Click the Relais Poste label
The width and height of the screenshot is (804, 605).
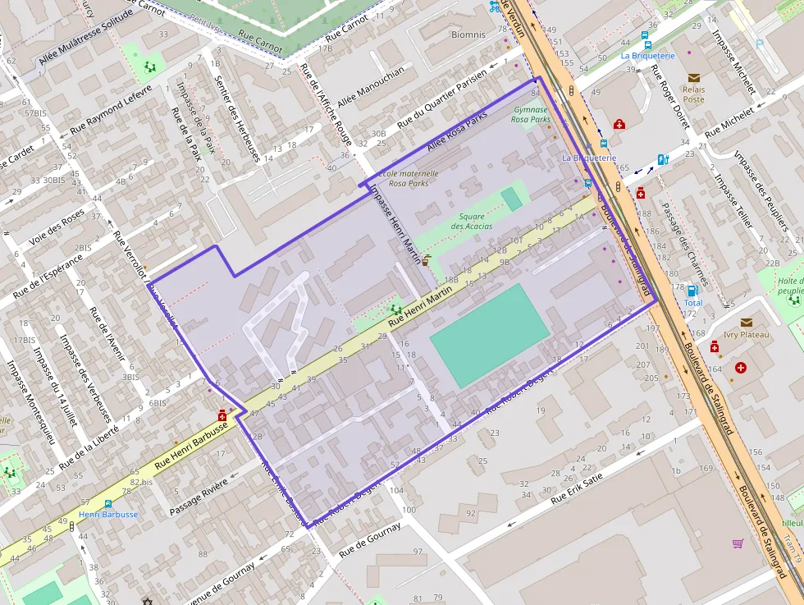(x=693, y=94)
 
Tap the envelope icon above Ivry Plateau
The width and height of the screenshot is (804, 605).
(x=747, y=323)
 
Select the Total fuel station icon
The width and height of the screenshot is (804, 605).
(x=693, y=291)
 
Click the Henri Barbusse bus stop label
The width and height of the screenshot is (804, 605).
(x=108, y=514)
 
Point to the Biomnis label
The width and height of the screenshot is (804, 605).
(x=468, y=34)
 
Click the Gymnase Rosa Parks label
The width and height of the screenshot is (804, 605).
(x=531, y=114)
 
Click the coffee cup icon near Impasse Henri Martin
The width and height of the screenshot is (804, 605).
(x=425, y=261)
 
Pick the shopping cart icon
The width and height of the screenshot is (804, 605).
(x=738, y=543)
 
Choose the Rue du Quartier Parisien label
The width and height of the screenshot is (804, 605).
(x=441, y=98)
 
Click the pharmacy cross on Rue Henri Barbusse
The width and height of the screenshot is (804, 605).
(x=222, y=416)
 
